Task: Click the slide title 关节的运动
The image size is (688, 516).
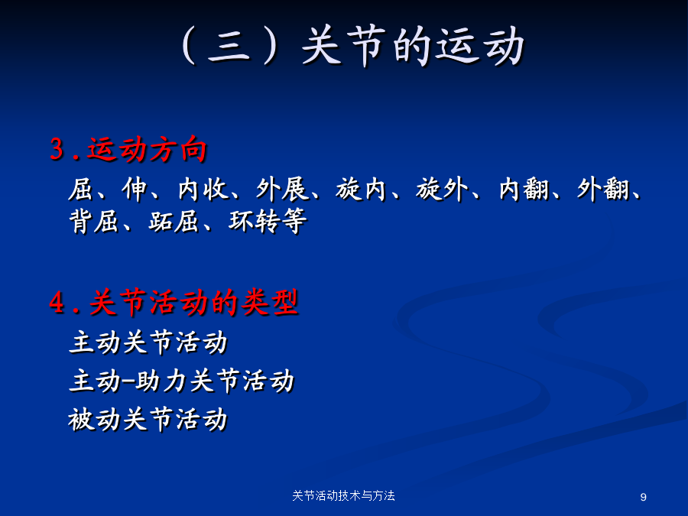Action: (x=413, y=46)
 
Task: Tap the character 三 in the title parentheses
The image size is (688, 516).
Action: (x=229, y=47)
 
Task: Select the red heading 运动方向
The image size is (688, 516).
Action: (x=147, y=149)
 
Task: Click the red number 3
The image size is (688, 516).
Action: (x=57, y=149)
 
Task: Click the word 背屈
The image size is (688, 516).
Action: (x=94, y=221)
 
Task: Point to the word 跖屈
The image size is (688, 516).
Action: (x=174, y=221)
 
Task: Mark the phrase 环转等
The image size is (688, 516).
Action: (x=268, y=221)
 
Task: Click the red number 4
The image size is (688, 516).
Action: (x=57, y=302)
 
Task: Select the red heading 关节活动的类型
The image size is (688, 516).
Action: (x=193, y=303)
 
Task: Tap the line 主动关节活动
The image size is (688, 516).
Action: (x=148, y=342)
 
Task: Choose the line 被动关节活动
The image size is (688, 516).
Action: (x=148, y=420)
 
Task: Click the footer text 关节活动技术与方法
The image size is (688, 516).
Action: (x=343, y=496)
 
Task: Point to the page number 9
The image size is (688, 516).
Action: (x=643, y=497)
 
